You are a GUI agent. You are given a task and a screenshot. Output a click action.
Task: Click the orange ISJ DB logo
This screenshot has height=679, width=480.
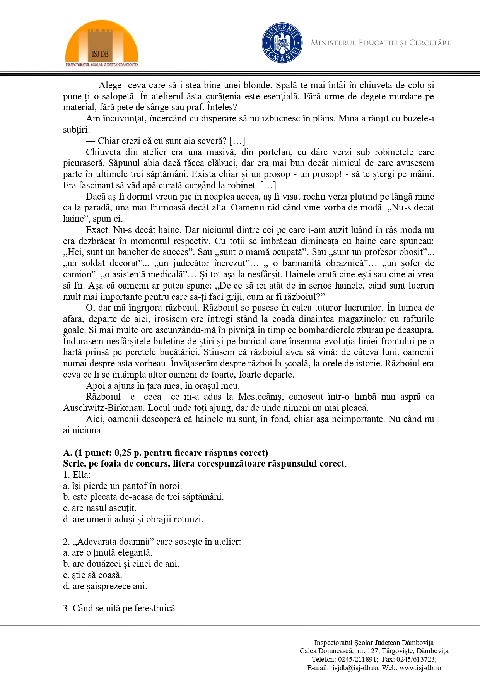102,43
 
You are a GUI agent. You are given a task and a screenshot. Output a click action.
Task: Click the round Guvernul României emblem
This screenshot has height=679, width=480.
282,43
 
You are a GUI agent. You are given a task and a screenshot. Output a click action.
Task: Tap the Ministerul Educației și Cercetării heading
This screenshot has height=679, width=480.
381,43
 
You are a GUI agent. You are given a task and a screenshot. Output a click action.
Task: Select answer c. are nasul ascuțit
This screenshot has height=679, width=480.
100,508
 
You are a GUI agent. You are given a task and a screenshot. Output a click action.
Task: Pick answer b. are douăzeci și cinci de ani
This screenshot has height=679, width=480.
121,564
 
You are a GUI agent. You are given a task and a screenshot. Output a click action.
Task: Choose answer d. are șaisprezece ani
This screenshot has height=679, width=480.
105,586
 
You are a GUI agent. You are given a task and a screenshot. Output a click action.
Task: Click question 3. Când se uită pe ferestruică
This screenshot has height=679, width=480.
120,608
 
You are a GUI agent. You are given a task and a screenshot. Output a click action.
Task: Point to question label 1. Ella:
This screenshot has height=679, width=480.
77,475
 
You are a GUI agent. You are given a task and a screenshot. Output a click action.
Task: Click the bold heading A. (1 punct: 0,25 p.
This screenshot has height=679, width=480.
166,453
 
